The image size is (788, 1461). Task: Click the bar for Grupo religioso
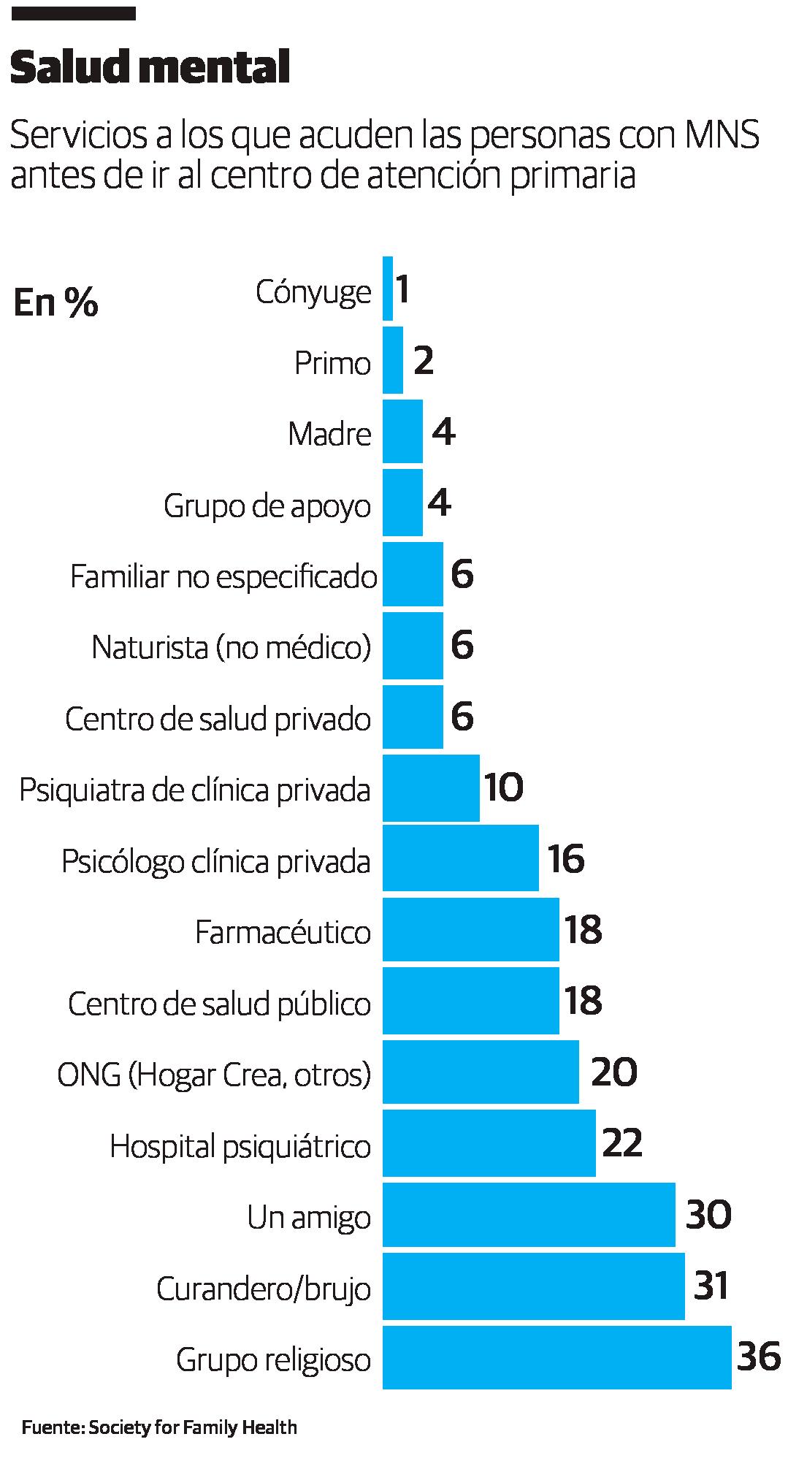pos(556,1357)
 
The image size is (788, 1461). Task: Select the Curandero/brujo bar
pos(533,1286)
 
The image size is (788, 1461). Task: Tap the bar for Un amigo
pos(529,1216)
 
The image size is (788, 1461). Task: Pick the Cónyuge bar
pos(388,289)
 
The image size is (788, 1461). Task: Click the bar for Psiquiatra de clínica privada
pos(431,788)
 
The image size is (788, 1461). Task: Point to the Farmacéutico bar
pos(470,930)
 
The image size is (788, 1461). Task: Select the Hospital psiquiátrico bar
pos(489,1144)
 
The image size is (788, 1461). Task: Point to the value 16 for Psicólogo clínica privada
pos(566,859)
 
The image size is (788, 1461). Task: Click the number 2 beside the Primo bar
pos(424,361)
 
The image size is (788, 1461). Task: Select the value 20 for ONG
pos(613,1072)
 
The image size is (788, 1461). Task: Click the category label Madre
pos(329,434)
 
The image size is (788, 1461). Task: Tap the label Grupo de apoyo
pos(267,506)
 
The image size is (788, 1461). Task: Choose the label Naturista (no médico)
pos(231,647)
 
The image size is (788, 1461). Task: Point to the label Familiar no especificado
pos(223,576)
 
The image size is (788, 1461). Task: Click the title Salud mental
pos(150,70)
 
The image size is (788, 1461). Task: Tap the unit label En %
pos(56,303)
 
